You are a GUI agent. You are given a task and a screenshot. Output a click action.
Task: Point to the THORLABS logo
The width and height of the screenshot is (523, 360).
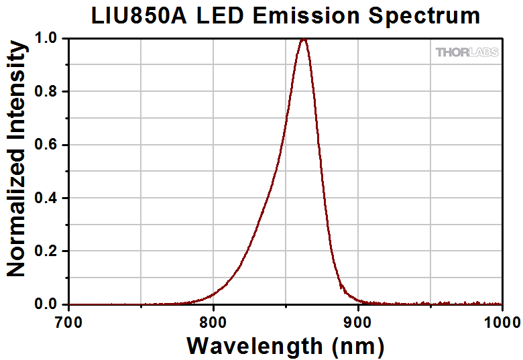[x=467, y=52]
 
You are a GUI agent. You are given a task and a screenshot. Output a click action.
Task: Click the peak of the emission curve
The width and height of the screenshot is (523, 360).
[x=304, y=39]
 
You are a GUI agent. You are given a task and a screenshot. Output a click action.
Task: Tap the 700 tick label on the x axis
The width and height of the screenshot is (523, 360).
[x=69, y=320]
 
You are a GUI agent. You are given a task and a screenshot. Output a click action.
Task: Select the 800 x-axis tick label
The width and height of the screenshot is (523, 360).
[x=213, y=320]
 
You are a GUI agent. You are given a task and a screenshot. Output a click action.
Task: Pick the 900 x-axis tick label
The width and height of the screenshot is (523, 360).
[x=357, y=320]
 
